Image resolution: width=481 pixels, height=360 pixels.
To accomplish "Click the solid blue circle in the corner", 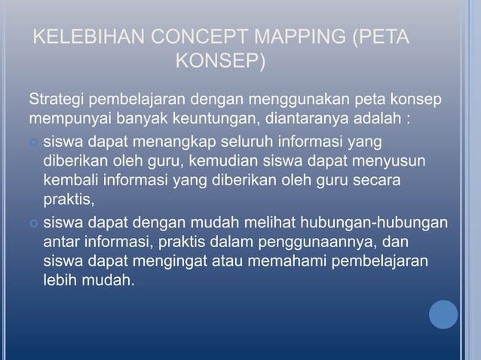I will click(444, 315).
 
